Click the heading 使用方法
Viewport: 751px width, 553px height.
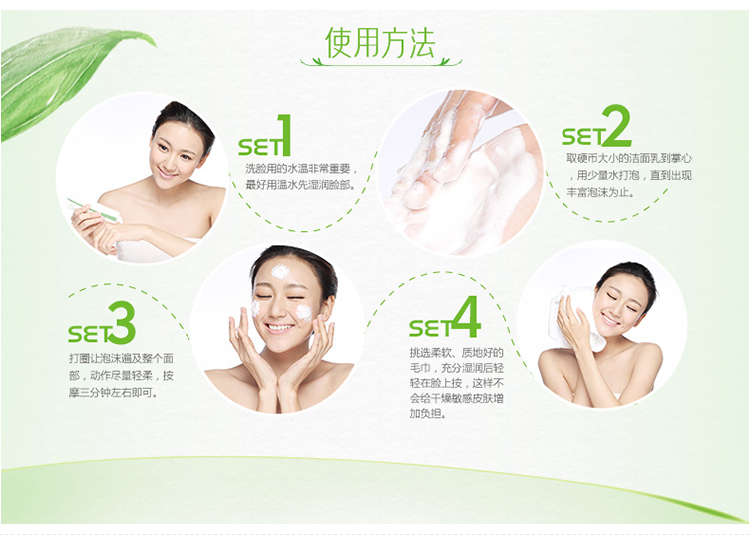(381, 43)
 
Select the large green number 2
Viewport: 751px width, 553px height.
(617, 128)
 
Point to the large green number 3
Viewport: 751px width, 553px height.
(119, 323)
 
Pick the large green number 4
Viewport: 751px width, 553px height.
(465, 318)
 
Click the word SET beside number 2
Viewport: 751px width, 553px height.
(581, 136)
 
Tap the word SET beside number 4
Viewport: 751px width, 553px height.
(430, 328)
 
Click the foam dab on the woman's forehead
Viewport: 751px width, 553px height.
(280, 272)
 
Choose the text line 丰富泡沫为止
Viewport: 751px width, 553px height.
(598, 192)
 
